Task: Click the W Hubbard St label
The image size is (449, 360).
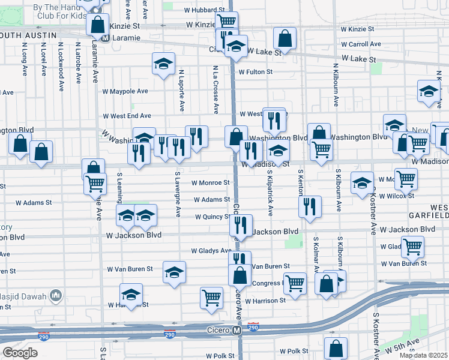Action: pyautogui.click(x=203, y=11)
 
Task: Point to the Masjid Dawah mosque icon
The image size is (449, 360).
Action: pyautogui.click(x=56, y=295)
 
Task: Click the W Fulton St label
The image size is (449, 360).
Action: pyautogui.click(x=255, y=72)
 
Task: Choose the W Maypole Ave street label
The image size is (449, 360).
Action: pyautogui.click(x=125, y=92)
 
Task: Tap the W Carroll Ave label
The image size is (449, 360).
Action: pyautogui.click(x=361, y=44)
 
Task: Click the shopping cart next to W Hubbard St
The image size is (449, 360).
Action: pyautogui.click(x=227, y=22)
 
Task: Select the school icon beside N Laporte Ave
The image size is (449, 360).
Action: pyautogui.click(x=163, y=64)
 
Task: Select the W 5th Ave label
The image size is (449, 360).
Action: pyautogui.click(x=404, y=346)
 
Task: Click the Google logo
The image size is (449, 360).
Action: pyautogui.click(x=20, y=353)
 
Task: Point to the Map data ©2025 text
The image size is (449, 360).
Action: pyautogui.click(x=423, y=355)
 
